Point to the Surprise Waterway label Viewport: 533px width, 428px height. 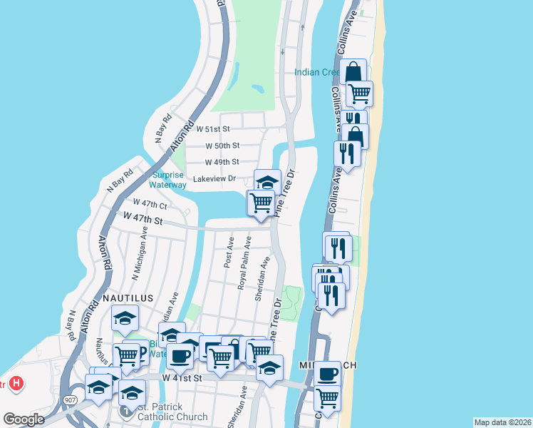point(169,180)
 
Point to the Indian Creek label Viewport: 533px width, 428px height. point(318,72)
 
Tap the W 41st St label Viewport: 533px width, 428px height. point(178,377)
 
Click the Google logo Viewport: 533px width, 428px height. point(24,419)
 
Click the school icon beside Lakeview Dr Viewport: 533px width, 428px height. point(267,182)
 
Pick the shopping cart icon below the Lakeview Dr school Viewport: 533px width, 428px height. point(261,203)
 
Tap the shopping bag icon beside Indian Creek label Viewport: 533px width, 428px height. point(353,72)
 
